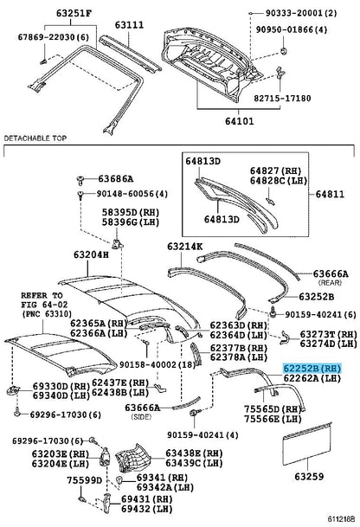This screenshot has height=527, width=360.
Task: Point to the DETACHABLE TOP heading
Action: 39,138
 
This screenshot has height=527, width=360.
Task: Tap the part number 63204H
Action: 91,254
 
